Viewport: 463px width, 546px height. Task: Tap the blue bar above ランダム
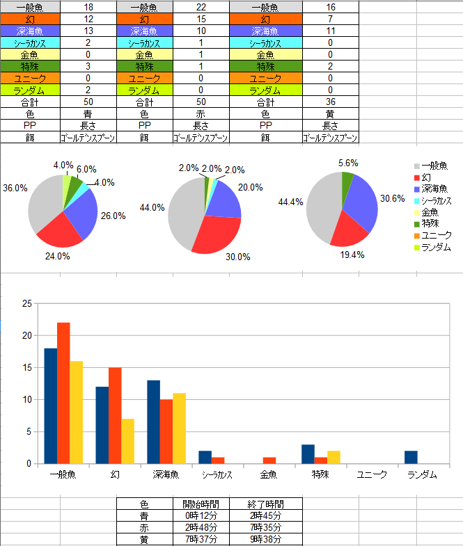point(410,457)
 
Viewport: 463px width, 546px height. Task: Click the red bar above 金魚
point(269,460)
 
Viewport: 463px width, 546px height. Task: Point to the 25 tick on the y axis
point(28,304)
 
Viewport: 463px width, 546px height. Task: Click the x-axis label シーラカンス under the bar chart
point(217,475)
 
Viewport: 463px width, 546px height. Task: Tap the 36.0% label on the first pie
point(15,188)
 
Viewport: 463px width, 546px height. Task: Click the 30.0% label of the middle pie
point(237,257)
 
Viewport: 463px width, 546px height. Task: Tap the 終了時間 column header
point(265,504)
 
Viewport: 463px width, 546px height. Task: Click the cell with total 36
point(330,102)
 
